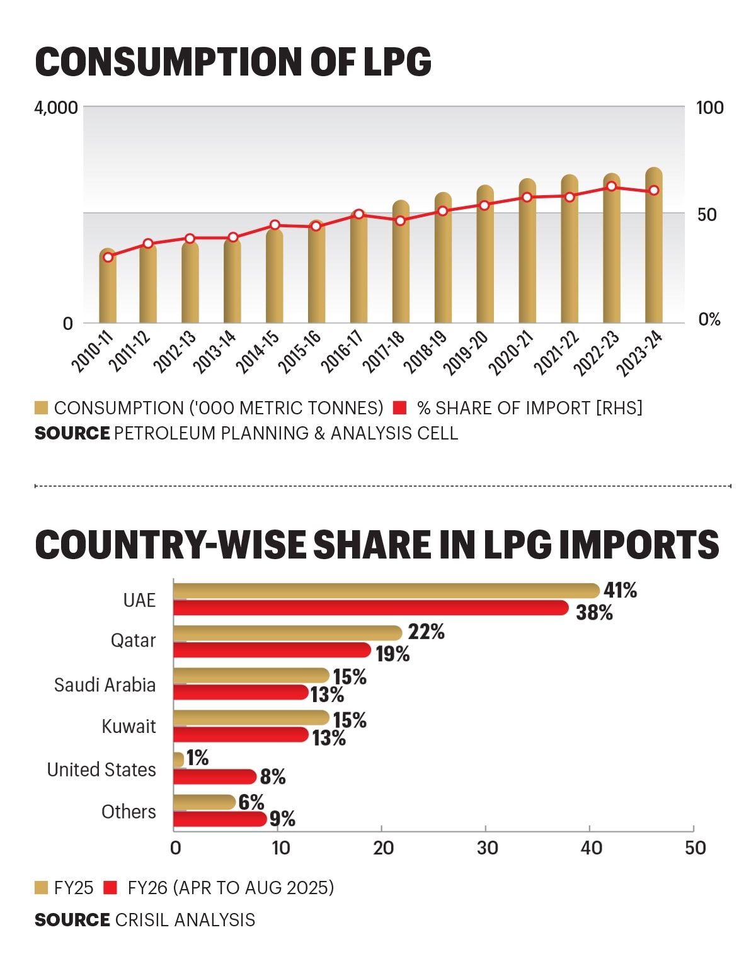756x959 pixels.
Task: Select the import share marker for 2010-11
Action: (x=108, y=257)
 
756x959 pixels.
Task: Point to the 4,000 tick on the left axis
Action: (x=56, y=108)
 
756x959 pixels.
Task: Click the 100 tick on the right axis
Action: (x=709, y=108)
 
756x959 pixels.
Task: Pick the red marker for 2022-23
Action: (x=611, y=186)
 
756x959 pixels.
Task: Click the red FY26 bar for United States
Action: (x=214, y=776)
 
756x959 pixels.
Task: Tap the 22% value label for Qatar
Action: (x=427, y=632)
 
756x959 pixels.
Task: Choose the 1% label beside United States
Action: (x=198, y=758)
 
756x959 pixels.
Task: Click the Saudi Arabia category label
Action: (x=105, y=685)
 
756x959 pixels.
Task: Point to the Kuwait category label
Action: (x=129, y=727)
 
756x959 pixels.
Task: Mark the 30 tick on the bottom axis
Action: (x=487, y=848)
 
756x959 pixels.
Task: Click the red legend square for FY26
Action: (x=110, y=888)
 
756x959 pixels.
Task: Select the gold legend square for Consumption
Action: (x=41, y=408)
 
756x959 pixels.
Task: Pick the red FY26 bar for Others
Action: (x=219, y=819)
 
